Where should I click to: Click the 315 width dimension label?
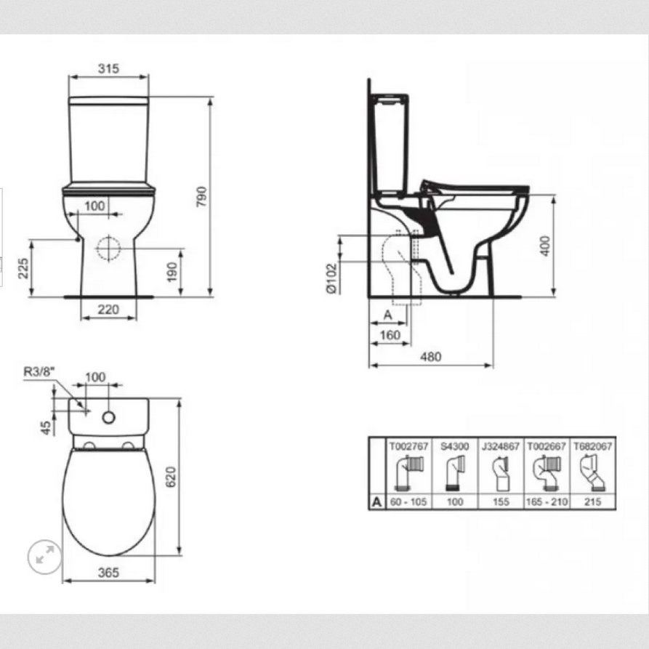tap(108, 68)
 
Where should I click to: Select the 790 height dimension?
tap(201, 197)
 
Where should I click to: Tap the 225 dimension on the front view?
tap(23, 268)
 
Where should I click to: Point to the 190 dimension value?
tap(172, 272)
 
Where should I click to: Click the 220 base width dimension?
tap(108, 309)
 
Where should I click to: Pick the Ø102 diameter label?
tap(332, 278)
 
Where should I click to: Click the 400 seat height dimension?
tap(546, 246)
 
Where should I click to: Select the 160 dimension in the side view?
tap(390, 335)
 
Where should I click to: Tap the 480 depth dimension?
tap(430, 356)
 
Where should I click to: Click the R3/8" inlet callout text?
tap(39, 371)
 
